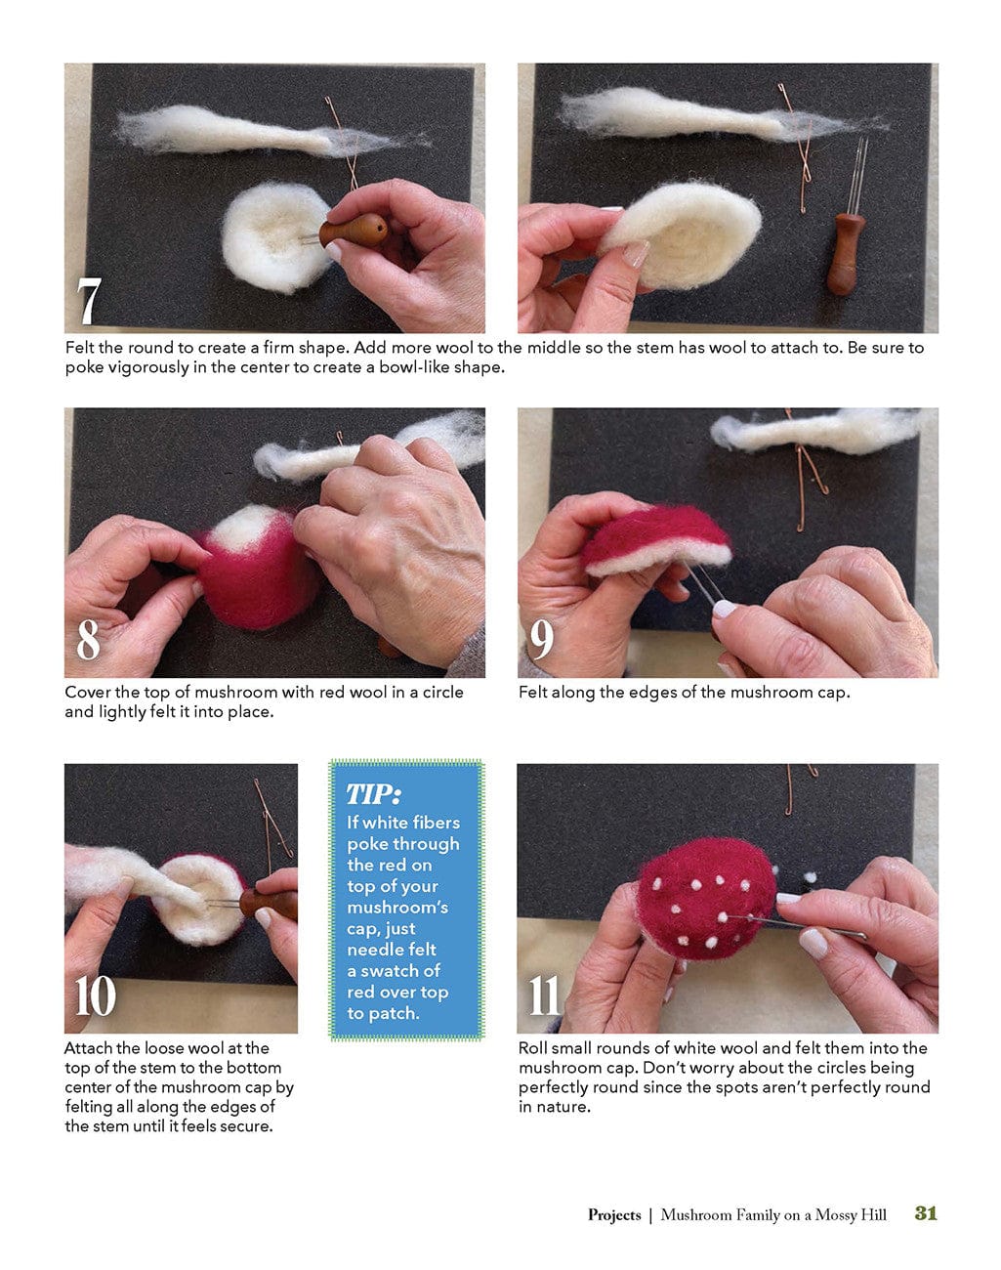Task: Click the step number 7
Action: pos(89,302)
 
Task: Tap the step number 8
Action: pos(88,640)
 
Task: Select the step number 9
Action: pos(541,640)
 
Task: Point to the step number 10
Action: pos(96,996)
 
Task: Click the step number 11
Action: pos(545,996)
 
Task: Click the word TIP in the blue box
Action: pos(373,793)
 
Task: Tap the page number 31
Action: pos(926,1213)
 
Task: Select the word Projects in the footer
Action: pos(614,1215)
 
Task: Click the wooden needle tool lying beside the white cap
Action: pos(845,253)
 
